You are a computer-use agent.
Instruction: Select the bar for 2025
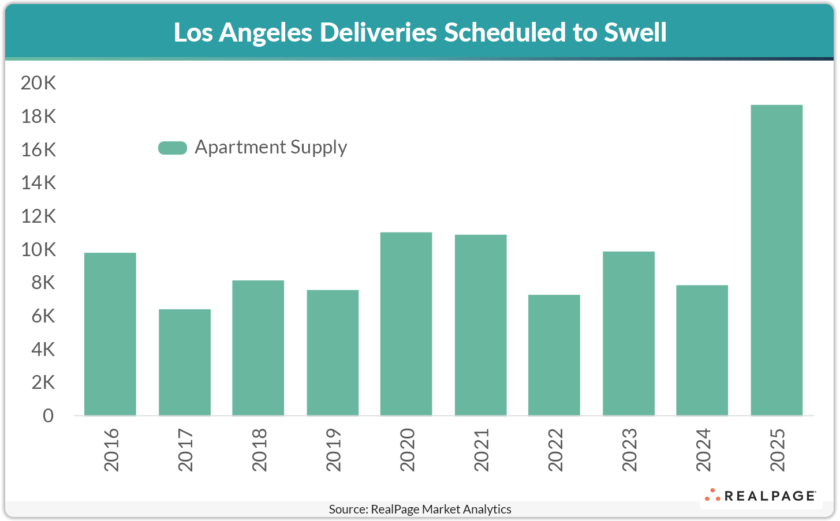click(776, 260)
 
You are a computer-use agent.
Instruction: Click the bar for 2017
click(185, 362)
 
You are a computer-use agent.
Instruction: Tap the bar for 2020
click(406, 324)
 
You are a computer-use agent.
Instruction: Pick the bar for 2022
click(554, 355)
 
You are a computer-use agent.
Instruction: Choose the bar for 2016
click(110, 334)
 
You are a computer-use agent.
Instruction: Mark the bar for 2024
click(702, 350)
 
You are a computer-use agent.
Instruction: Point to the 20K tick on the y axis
click(39, 83)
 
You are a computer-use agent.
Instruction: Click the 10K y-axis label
click(39, 250)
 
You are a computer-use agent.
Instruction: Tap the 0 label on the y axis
click(48, 416)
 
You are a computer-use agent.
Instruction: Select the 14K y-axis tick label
click(39, 183)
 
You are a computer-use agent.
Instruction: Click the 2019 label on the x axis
click(333, 449)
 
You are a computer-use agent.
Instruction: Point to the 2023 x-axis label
click(629, 449)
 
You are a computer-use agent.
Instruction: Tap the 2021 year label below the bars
click(481, 449)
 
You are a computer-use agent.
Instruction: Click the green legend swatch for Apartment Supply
click(173, 148)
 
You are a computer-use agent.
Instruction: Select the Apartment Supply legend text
click(271, 147)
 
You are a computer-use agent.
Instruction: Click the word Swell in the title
click(635, 32)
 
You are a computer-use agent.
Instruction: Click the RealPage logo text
click(769, 496)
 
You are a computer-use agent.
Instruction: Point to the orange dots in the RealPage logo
click(712, 495)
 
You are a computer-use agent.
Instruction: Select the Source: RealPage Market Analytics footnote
click(420, 509)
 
